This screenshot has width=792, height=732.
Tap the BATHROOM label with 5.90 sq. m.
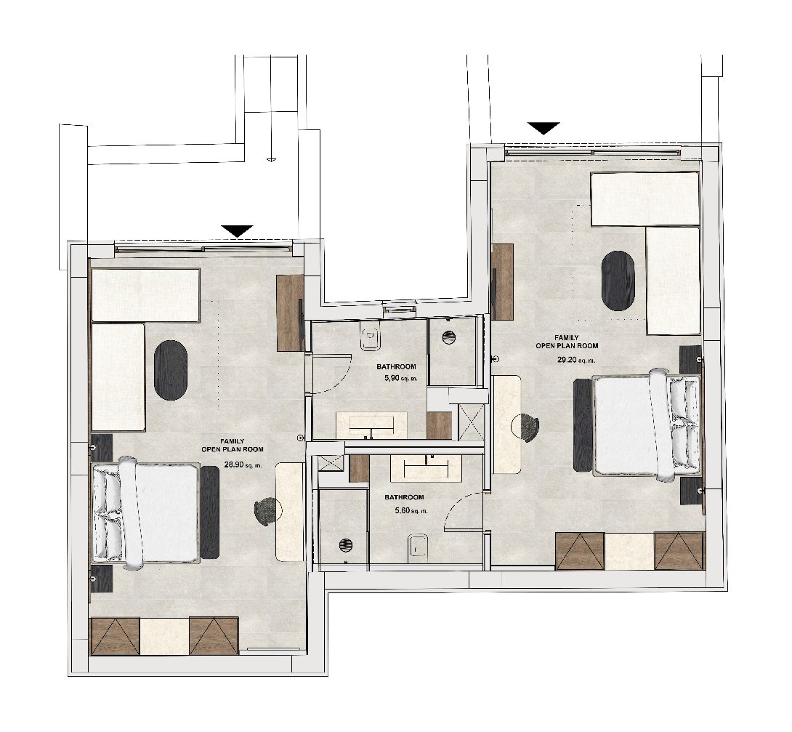(396, 367)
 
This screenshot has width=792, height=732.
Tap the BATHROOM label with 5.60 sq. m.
(404, 497)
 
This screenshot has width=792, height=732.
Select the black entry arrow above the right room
(544, 128)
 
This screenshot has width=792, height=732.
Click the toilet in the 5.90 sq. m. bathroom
(373, 337)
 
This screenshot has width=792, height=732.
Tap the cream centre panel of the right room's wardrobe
(629, 551)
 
